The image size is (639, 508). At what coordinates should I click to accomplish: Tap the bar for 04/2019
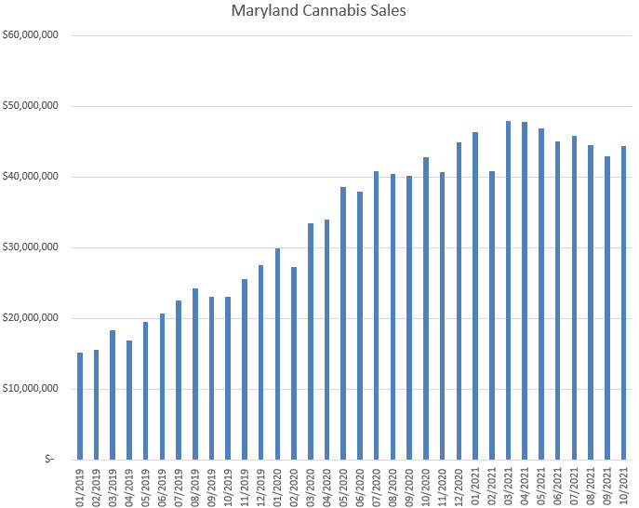[129, 400]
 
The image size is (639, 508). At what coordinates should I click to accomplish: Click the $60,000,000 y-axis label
[32, 35]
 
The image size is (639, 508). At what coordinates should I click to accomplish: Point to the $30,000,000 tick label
[32, 247]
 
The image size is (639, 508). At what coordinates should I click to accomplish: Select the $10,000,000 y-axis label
[32, 389]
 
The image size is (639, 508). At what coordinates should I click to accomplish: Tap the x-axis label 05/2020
[343, 484]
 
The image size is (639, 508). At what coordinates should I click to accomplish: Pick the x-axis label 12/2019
[261, 484]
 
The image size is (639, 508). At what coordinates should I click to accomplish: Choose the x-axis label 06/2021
[557, 484]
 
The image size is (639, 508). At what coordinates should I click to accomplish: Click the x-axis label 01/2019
[81, 484]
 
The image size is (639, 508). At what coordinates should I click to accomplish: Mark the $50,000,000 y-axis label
[32, 106]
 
